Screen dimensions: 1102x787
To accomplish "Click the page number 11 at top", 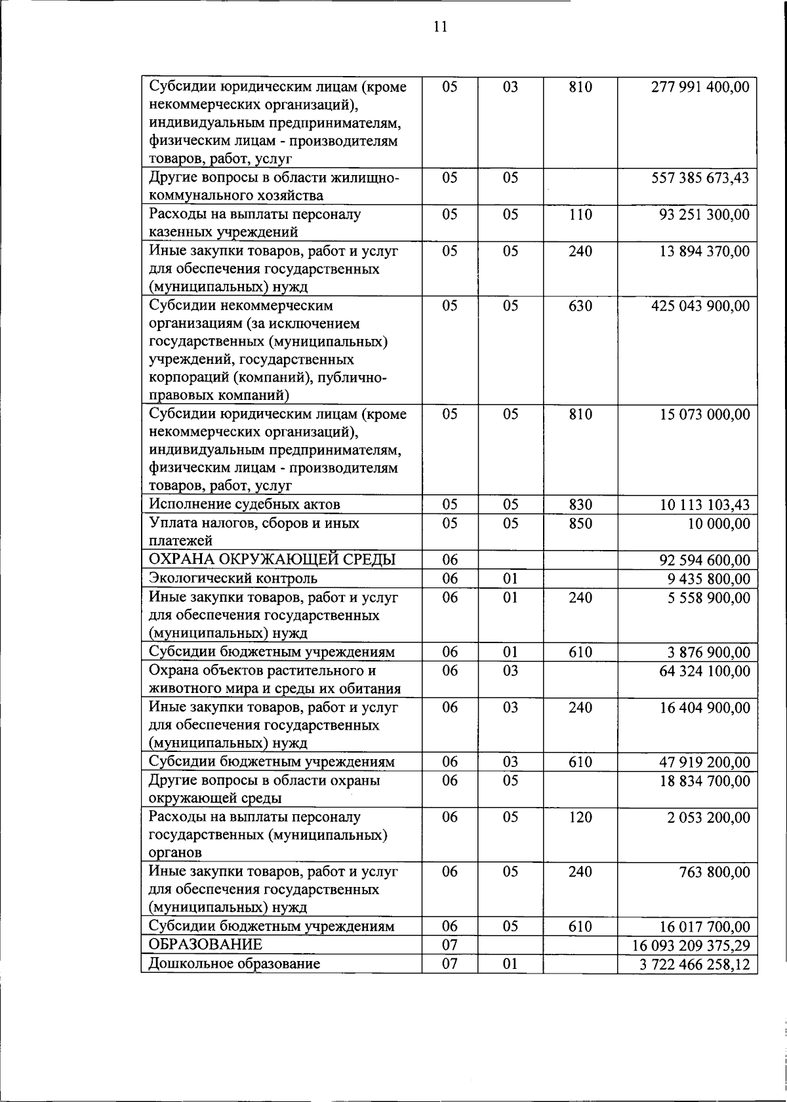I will [440, 27].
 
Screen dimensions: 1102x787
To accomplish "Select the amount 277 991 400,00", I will [700, 87].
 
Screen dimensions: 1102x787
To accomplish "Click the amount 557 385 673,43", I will [700, 178].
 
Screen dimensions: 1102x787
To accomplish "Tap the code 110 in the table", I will [580, 215].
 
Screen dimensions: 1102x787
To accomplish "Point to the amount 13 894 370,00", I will [704, 251].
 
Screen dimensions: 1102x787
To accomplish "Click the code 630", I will [580, 306].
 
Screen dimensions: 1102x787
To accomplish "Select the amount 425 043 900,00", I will [700, 306].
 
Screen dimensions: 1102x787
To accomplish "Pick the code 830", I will [580, 505].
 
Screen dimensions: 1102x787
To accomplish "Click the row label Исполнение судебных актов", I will [245, 504].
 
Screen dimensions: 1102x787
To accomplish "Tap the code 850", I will [580, 524].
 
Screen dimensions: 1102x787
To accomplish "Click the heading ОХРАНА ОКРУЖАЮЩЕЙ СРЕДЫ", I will [272, 559].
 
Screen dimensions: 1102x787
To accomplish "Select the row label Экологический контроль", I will [233, 578].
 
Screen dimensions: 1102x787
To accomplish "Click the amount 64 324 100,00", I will [704, 671].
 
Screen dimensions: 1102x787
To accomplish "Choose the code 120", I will [580, 817].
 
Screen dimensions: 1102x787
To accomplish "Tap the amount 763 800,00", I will [714, 873].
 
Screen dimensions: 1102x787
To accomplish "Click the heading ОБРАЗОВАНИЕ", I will [205, 945].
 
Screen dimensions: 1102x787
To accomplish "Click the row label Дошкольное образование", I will [234, 964].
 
